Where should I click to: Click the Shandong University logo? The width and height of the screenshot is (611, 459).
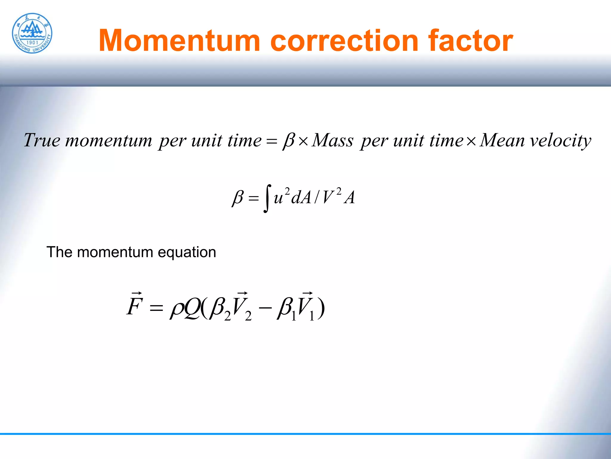point(32,33)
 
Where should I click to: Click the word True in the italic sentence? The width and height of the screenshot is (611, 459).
point(42,140)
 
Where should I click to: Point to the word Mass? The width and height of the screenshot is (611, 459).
point(332,140)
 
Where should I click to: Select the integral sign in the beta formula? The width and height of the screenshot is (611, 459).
point(267,198)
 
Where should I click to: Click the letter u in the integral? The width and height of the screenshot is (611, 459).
point(278,198)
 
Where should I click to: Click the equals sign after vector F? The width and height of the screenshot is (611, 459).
point(156,308)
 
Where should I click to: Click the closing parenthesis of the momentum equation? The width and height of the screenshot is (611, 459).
point(321,308)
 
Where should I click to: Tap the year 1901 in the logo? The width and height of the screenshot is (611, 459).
point(32,43)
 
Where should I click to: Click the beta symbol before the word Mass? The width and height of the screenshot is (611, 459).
point(289,140)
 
